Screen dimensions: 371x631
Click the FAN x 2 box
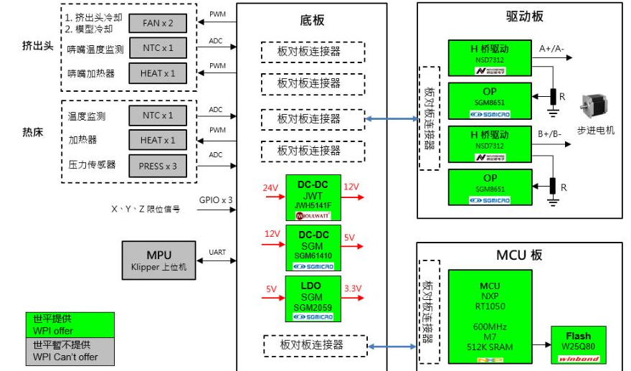coord(158,23)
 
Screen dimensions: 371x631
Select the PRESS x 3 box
coord(158,166)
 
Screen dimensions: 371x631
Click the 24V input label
coord(270,188)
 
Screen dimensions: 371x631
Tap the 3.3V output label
coord(352,289)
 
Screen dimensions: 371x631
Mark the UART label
coord(217,252)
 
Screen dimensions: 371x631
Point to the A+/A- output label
coord(551,48)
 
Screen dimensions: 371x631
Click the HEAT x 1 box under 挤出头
coord(158,73)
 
